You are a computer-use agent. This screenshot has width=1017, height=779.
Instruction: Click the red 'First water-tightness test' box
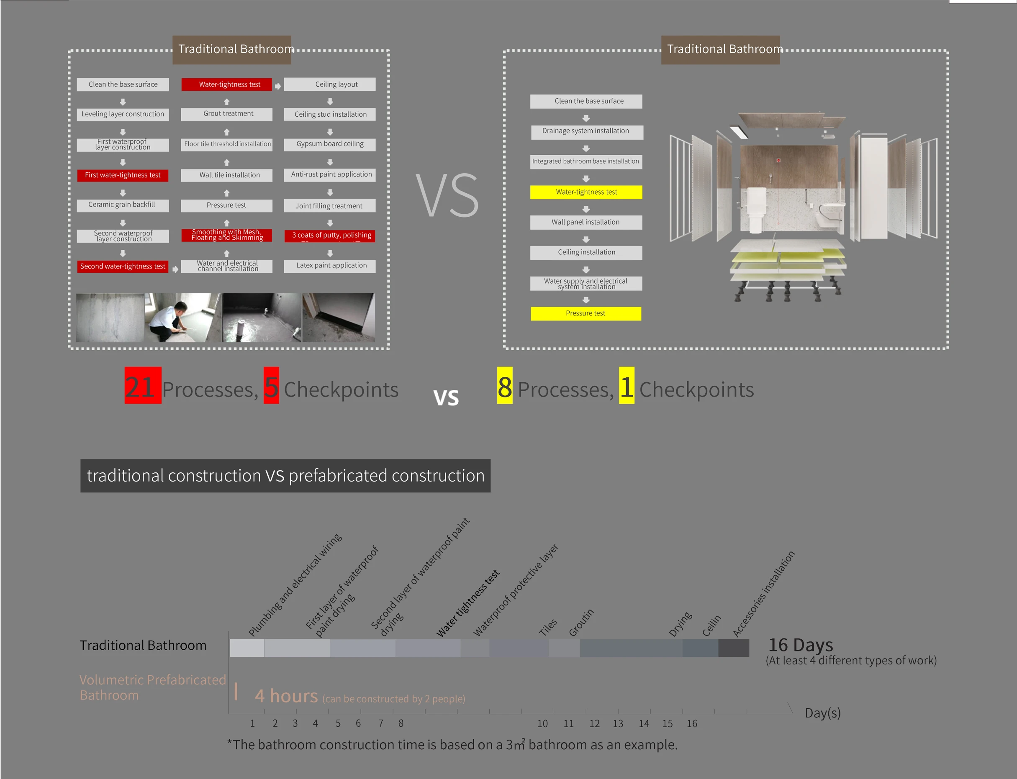123,175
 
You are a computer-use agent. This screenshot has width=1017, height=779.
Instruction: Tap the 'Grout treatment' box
227,114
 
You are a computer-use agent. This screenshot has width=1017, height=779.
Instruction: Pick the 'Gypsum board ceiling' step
330,144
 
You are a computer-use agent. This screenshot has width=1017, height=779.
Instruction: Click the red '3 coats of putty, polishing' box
330,236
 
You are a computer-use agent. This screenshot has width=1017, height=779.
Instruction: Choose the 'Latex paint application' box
330,266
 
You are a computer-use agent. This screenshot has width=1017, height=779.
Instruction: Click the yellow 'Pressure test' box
586,313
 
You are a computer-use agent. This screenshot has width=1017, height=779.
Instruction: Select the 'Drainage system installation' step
586,132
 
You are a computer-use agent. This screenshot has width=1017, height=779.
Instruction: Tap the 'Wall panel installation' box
586,222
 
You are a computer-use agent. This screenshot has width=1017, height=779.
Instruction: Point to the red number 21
142,386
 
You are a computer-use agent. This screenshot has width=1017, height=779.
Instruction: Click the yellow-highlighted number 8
505,386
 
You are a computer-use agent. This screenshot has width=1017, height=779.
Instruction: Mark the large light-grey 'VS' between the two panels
447,195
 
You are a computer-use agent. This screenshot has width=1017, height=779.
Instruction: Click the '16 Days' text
801,645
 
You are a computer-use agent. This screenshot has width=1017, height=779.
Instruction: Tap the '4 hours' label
286,696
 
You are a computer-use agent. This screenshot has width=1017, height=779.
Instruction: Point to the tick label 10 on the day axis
542,723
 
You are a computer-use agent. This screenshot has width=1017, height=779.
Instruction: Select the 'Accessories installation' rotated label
764,594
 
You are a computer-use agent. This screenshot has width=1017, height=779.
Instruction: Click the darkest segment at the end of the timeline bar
734,648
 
